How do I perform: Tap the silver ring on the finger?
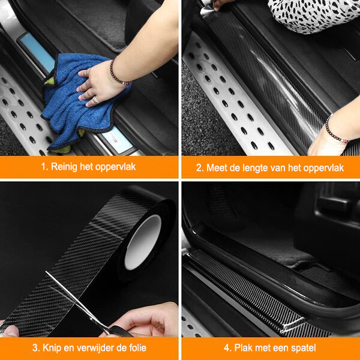pos(96,100)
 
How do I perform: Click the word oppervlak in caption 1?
pos(115,167)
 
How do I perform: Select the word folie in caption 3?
pos(136,348)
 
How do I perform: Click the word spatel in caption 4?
pos(303,348)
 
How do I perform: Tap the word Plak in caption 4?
pos(244,348)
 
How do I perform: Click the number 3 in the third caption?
pos(35,348)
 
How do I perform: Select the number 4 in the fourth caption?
pos(227,348)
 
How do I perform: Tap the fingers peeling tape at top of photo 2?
pos(220,5)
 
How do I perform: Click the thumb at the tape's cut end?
pos(9,331)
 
